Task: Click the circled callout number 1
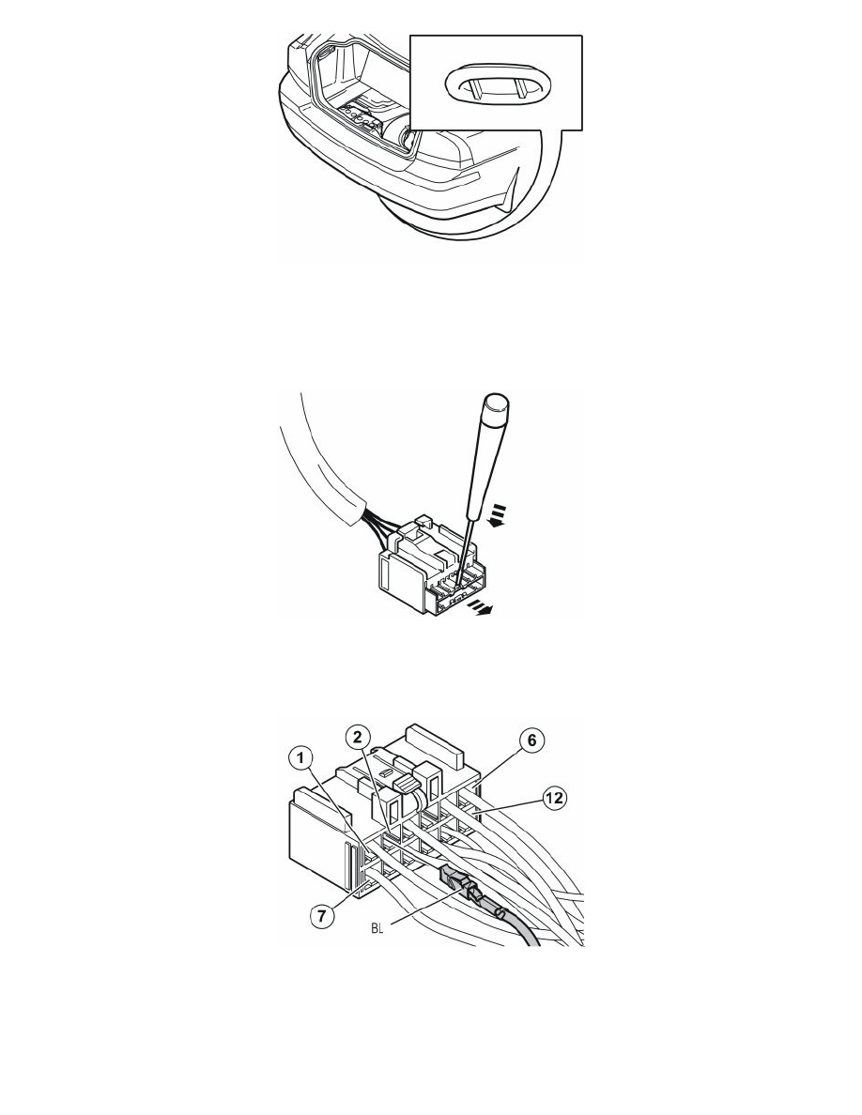[x=300, y=759]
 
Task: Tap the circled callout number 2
[x=359, y=737]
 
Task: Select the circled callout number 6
[x=531, y=741]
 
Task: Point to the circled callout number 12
[x=555, y=798]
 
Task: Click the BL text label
[x=377, y=928]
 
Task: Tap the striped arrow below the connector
[x=480, y=606]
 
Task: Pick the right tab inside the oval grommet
[x=520, y=88]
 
